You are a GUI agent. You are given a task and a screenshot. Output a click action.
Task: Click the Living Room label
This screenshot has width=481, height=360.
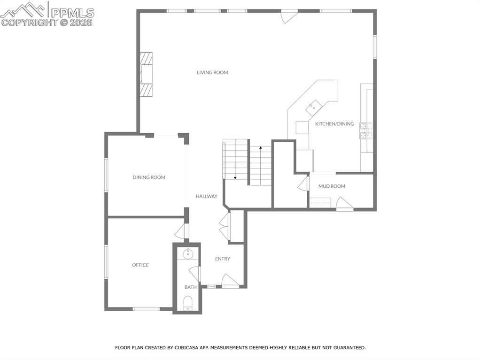point(212,72)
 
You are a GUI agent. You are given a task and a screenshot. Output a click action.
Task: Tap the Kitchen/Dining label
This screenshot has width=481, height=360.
point(334,124)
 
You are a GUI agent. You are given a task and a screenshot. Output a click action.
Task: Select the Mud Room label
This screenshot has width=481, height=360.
point(332,186)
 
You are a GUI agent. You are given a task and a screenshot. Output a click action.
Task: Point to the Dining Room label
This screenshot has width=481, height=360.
point(149,177)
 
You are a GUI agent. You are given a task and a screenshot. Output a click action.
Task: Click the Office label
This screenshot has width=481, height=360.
point(140,265)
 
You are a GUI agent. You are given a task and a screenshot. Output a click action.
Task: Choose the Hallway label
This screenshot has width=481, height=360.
point(207,196)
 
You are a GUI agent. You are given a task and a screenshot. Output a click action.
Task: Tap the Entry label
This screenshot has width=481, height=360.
point(223,259)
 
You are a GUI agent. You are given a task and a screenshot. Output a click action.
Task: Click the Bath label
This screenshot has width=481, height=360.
point(190,287)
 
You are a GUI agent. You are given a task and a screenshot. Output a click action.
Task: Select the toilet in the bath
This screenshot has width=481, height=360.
point(188,303)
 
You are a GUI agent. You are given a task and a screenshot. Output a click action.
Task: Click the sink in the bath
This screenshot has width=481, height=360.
point(188,254)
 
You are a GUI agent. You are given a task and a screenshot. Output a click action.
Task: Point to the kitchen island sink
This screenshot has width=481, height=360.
point(312,108)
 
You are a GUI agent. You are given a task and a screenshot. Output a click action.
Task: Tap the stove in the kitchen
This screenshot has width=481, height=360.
point(366,131)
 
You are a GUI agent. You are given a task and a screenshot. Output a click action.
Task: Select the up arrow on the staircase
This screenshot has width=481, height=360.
point(261,148)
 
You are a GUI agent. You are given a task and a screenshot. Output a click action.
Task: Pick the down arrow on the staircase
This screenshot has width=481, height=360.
point(235,177)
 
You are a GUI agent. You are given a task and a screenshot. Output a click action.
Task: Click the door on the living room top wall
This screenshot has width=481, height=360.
point(288,15)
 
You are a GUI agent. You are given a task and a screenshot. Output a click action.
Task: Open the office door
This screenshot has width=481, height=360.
point(181,231)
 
